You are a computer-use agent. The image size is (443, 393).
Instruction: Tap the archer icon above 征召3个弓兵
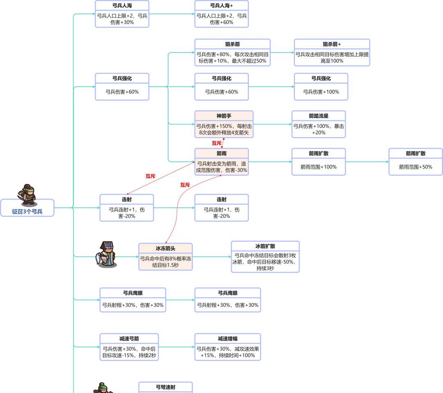[28, 195]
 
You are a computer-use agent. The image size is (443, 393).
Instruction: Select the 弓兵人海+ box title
[221, 6]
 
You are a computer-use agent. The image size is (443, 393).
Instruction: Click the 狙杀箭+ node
[332, 53]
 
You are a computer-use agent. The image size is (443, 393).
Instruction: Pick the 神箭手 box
[224, 124]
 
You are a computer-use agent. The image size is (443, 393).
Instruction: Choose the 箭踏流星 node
[319, 124]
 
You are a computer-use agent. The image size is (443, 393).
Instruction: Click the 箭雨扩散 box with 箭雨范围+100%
[319, 162]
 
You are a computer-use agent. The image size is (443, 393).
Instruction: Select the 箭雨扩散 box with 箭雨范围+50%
[416, 162]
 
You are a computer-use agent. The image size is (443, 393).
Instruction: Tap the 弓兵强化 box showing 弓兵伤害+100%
[321, 87]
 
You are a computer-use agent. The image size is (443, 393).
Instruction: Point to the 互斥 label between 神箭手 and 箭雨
[217, 143]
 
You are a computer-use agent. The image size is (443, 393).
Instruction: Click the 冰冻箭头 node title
[165, 248]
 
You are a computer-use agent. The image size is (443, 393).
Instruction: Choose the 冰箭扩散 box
[265, 257]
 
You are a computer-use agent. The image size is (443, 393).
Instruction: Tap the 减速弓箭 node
[129, 347]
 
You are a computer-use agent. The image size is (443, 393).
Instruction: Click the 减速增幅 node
[228, 347]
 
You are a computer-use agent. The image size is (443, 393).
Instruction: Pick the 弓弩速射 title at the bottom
[165, 387]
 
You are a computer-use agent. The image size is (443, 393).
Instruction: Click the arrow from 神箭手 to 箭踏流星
[272, 124]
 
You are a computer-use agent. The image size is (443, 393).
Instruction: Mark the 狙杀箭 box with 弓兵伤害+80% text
[233, 53]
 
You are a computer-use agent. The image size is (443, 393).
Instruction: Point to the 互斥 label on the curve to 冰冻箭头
[185, 185]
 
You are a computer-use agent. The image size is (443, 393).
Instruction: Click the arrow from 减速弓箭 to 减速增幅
[176, 347]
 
